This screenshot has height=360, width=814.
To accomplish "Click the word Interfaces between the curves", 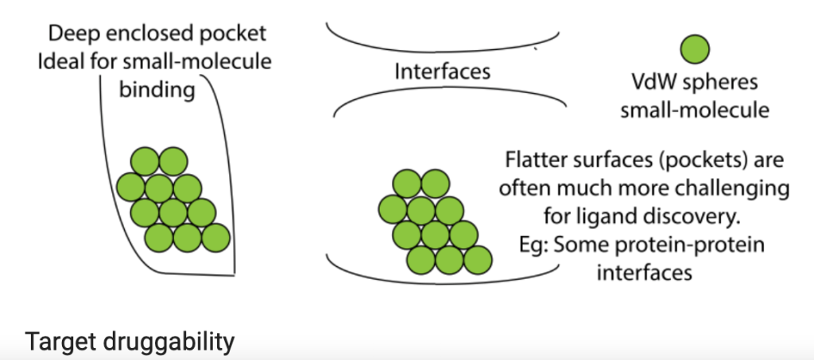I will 442,71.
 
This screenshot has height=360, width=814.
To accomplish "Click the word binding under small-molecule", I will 157,89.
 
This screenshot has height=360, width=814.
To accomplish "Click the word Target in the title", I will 55,343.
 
